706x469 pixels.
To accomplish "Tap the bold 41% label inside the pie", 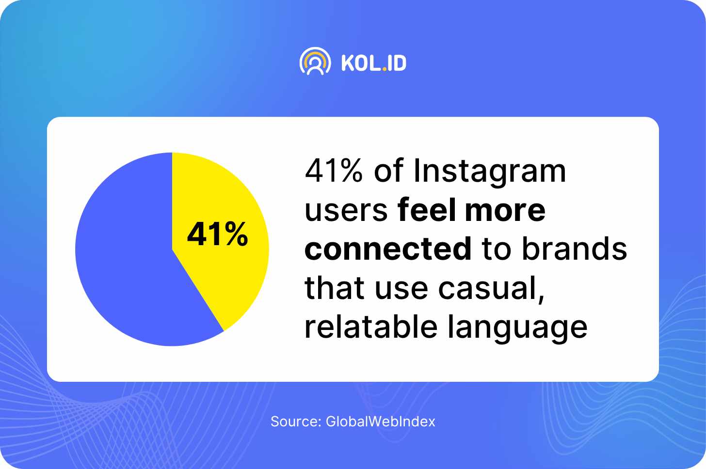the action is (217, 234).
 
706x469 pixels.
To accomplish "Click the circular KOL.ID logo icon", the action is (315, 61).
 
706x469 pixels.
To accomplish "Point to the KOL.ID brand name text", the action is (374, 63).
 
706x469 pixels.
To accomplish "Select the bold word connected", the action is (388, 249).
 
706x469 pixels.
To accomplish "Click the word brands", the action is (575, 249).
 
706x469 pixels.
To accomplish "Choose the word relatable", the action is (371, 327).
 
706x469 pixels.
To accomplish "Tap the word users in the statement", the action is (346, 212).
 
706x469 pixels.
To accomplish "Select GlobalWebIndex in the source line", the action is (381, 422).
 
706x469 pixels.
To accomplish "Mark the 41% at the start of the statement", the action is (334, 171).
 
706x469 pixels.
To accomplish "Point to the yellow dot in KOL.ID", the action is (384, 69).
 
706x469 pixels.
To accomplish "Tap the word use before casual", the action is (401, 290).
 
